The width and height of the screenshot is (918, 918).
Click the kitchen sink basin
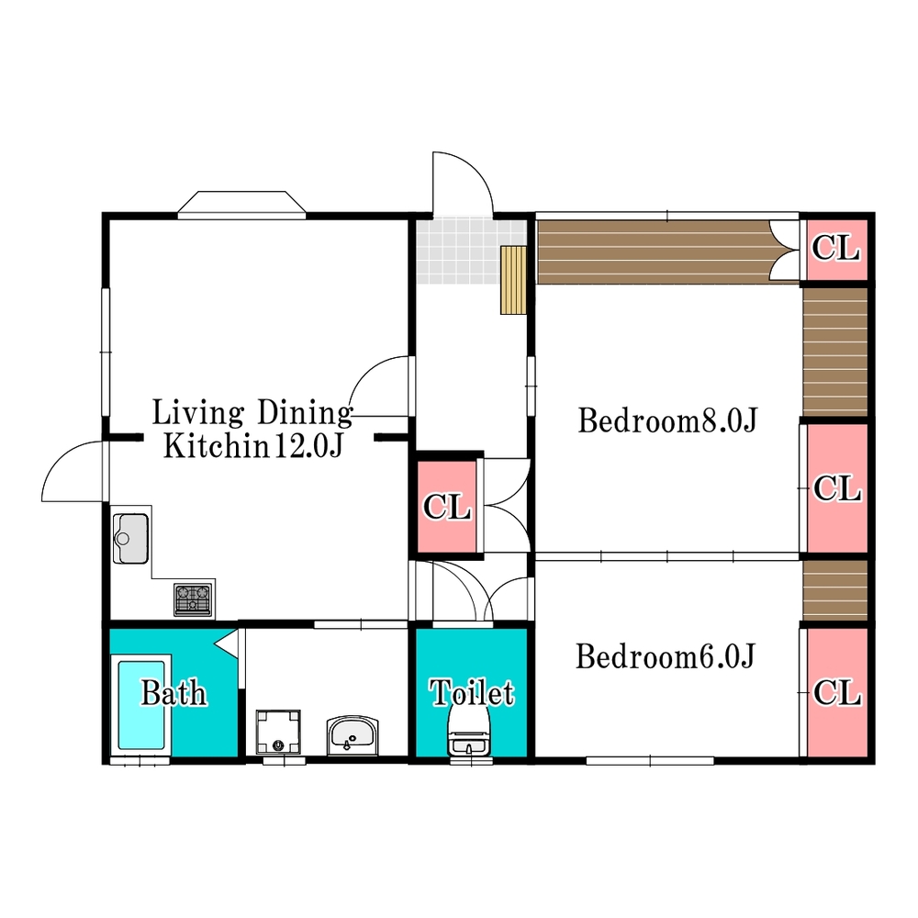coord(130,538)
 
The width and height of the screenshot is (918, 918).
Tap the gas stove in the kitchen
coord(193,599)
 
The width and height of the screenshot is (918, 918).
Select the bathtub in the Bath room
coord(141,705)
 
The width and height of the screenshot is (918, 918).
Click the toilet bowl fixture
coord(468,733)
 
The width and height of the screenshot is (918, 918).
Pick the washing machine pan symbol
coord(278,732)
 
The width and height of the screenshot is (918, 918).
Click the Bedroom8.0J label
coord(667,420)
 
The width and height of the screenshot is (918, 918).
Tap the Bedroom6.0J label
coord(666,656)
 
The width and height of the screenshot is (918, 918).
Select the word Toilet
coord(472,692)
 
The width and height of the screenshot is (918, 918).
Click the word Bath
coord(174,693)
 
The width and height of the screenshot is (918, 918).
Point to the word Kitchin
coord(216,445)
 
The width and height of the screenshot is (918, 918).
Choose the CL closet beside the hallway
coord(447,507)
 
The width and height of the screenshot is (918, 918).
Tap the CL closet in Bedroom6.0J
coord(837,693)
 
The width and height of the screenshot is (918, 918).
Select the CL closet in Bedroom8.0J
coord(837,487)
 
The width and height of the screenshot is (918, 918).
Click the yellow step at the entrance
coord(513,280)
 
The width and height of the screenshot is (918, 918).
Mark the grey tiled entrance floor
coord(471,251)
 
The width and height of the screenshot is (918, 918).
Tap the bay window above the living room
coord(241,205)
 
